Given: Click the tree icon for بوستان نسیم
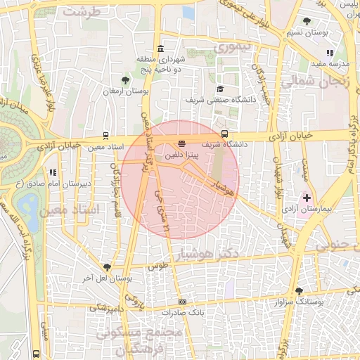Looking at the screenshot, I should tap(307, 20).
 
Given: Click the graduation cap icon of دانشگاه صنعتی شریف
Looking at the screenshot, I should tap(219, 89).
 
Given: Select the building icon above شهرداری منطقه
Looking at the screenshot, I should tap(162, 49).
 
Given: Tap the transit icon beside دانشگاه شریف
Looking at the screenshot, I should tap(224, 133).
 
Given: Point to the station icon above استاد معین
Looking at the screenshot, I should tap(105, 136).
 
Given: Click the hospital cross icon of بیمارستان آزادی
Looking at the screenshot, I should tap(306, 198).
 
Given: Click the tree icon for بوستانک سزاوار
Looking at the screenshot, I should tap(300, 290).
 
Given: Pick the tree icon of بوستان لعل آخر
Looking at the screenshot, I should tap(106, 267).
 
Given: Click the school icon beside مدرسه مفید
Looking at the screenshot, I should tap(328, 53).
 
